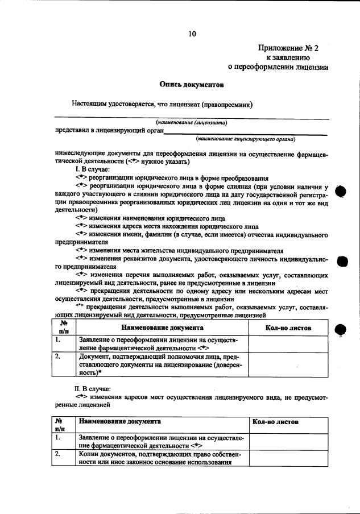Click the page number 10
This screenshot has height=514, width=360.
[x=192, y=34]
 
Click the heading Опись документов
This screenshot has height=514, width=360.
[x=192, y=85]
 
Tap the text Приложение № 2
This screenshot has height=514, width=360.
[x=285, y=48]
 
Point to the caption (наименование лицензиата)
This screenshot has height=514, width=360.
[x=193, y=122]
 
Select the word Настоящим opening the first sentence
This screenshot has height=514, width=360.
[x=90, y=104]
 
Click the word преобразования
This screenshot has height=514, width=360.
[x=235, y=177]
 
